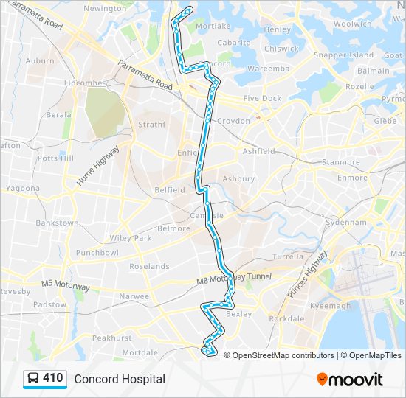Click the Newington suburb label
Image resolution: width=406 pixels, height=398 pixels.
coord(105,8)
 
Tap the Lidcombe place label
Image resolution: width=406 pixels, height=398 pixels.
coord(83,83)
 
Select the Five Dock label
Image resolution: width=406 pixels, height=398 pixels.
coord(262,98)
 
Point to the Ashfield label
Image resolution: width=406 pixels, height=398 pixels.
coord(259,151)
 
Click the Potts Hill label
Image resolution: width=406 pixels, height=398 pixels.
coord(56,158)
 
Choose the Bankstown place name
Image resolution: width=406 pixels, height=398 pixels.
coord(57,223)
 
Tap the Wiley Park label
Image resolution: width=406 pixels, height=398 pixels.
coord(130,238)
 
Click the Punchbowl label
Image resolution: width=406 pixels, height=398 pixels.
coord(97,253)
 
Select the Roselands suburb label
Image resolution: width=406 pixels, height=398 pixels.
coord(149,266)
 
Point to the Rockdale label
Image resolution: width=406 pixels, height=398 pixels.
coord(286,319)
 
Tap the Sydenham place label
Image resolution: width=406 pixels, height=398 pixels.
coord(346,222)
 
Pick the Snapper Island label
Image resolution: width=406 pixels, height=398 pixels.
coord(344,55)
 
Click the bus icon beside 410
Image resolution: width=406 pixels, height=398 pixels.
coord(33,379)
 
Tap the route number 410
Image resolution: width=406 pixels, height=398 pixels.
coord(53,378)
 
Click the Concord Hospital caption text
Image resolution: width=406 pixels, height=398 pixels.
coord(120,379)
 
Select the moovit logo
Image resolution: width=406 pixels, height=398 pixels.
coord(351,380)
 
